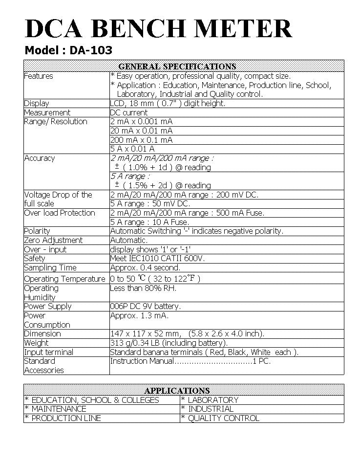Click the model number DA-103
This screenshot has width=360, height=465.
(x=92, y=50)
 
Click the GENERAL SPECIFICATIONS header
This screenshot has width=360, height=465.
(x=177, y=66)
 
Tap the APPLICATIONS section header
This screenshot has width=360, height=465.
(x=177, y=391)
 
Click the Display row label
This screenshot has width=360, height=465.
(x=37, y=103)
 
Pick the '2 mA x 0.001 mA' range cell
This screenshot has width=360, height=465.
(x=141, y=121)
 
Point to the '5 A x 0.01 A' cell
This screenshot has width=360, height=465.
(x=132, y=149)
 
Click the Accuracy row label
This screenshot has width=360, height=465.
(x=40, y=158)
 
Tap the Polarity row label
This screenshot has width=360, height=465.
(x=37, y=231)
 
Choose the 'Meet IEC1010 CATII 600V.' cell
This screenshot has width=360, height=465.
(x=157, y=258)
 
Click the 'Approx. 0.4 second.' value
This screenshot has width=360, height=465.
(x=145, y=267)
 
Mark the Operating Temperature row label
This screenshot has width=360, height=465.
(x=64, y=279)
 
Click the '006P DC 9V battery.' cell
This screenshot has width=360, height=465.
(x=146, y=306)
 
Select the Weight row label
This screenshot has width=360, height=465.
(x=37, y=343)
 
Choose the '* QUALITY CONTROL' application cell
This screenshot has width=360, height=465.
(x=220, y=418)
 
